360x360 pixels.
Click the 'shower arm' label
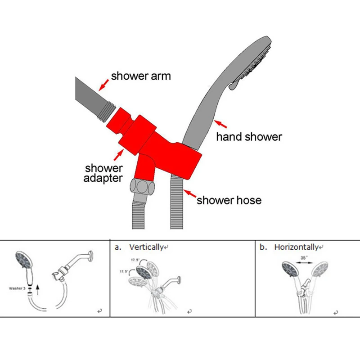click(x=141, y=76)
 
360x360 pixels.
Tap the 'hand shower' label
click(x=249, y=136)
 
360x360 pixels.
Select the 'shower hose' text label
click(x=229, y=199)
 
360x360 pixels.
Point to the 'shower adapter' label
click(x=104, y=173)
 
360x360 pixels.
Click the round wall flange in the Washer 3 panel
click(x=91, y=255)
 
